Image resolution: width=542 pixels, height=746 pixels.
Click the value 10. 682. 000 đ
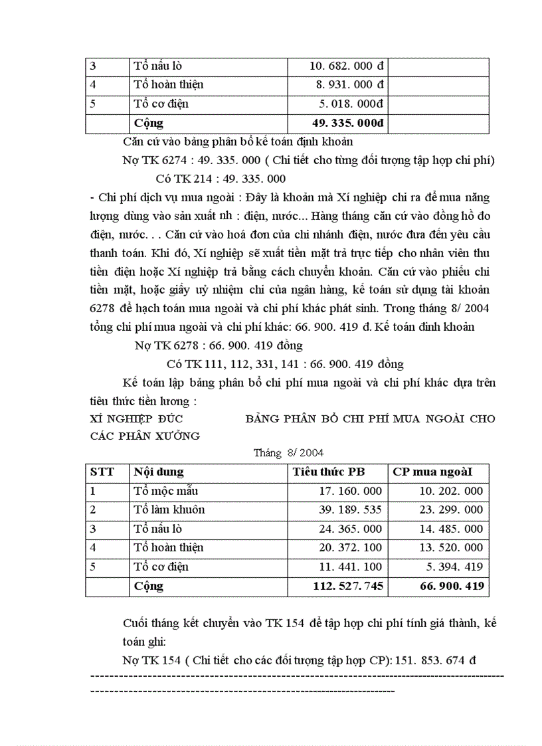click(348, 66)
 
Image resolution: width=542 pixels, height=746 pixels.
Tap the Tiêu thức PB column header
click(329, 472)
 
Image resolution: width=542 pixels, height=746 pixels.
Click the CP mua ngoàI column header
click(432, 472)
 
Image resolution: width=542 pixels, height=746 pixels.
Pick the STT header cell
click(102, 472)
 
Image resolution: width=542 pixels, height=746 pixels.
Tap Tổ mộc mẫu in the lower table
click(165, 492)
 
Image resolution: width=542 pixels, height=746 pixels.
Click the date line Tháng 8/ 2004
click(289, 453)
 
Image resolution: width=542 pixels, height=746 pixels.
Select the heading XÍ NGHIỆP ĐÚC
click(136, 419)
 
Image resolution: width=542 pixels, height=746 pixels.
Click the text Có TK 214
click(181, 179)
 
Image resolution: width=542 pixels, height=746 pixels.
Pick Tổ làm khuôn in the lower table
click(169, 510)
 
